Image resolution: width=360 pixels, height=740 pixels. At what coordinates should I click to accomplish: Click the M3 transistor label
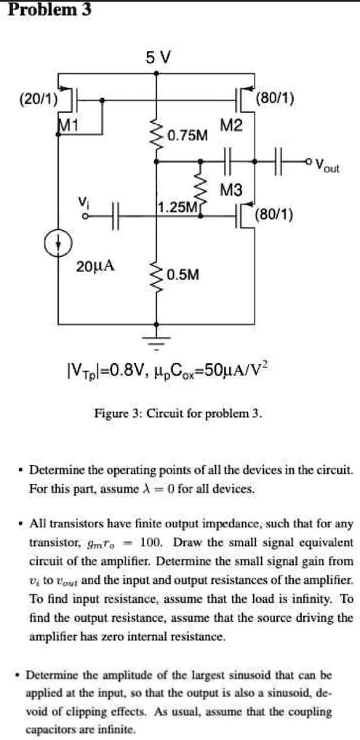tap(231, 191)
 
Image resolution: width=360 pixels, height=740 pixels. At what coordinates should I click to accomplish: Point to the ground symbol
tap(156, 339)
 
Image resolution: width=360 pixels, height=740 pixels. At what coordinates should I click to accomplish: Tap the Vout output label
tap(329, 165)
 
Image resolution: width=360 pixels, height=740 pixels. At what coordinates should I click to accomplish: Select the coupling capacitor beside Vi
tap(114, 215)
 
